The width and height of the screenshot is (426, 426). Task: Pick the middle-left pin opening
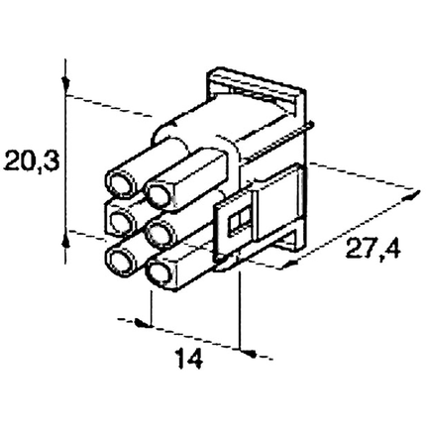(x=121, y=220)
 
